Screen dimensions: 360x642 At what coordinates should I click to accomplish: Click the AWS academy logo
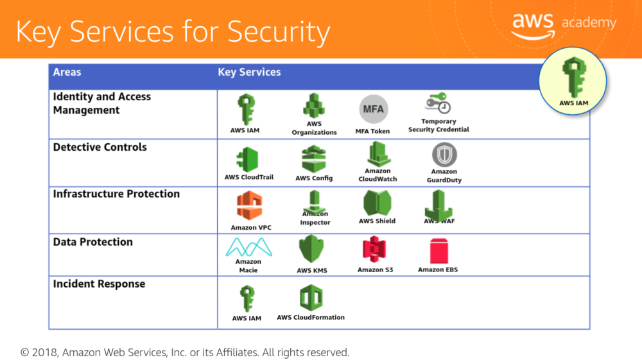[x=564, y=25]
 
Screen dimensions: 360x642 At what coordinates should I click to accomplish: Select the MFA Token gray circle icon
[x=373, y=109]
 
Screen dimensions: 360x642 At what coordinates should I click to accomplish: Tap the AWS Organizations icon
[x=313, y=106]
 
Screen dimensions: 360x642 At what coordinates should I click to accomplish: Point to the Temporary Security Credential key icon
[x=438, y=103]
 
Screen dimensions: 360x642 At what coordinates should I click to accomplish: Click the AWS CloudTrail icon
[x=247, y=159]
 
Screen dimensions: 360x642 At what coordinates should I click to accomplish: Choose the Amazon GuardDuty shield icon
[x=444, y=155]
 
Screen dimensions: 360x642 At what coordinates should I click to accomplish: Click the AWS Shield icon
[x=377, y=203]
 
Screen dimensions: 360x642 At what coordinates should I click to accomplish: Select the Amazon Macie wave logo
[x=248, y=246]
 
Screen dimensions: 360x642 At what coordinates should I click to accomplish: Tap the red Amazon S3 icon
[x=375, y=250]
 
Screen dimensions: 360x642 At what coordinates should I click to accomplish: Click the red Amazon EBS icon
[x=438, y=250]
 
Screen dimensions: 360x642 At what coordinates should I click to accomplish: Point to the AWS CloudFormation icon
[x=311, y=298]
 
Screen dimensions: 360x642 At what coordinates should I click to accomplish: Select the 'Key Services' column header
[x=249, y=72]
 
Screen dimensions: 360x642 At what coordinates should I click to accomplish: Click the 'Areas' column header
[x=67, y=72]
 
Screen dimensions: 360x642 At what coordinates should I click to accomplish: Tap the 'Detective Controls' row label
[x=100, y=147]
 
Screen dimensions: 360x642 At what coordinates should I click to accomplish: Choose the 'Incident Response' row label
[x=99, y=284]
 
